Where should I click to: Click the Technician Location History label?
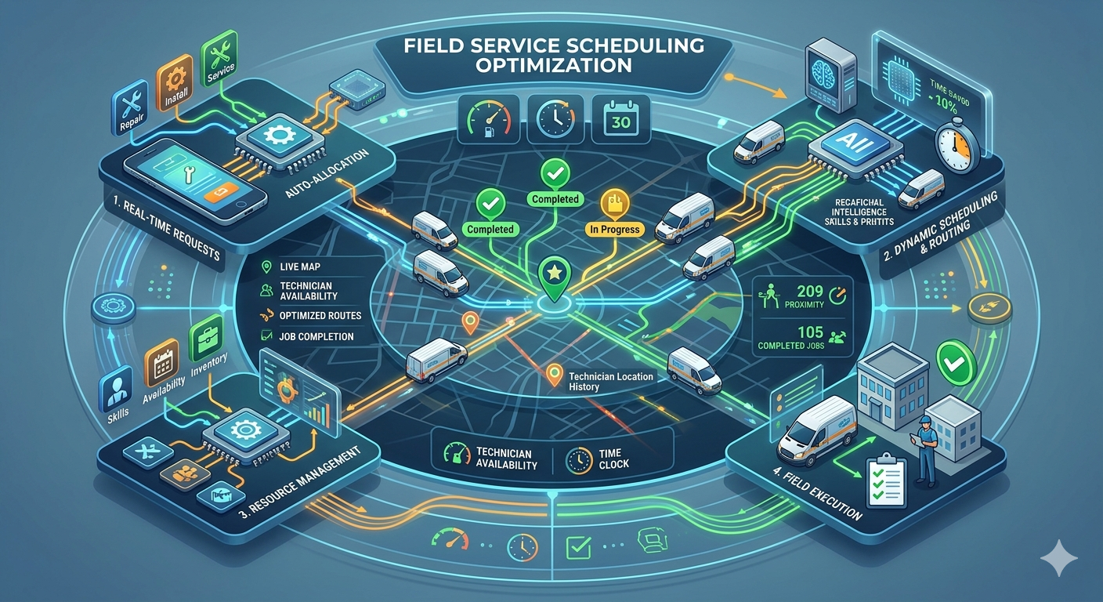pos(611,382)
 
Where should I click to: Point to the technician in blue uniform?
pos(926,449)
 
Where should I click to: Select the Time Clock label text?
pos(613,459)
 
